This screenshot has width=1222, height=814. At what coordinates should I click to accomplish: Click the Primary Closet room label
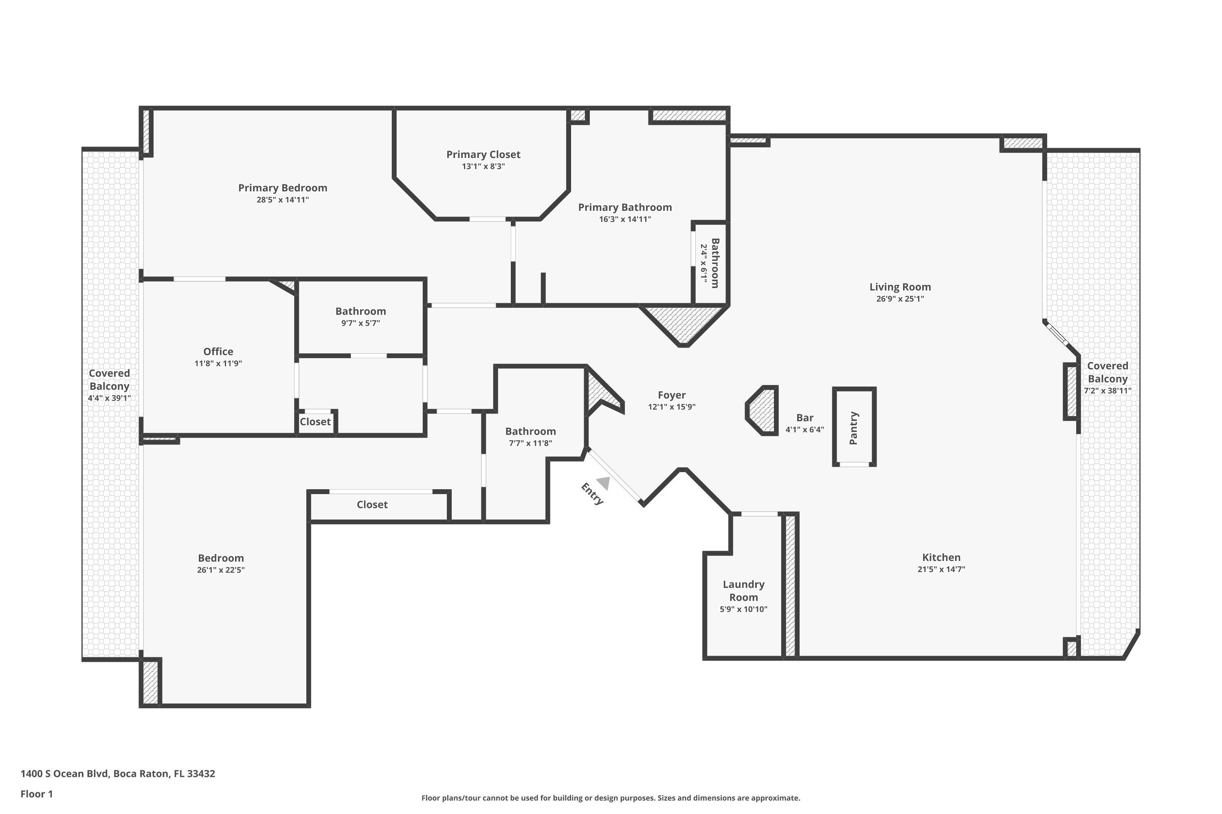tap(483, 154)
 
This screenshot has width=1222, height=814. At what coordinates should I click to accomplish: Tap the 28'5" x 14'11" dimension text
tap(283, 200)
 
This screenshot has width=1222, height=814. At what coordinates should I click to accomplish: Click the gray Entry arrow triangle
tap(604, 483)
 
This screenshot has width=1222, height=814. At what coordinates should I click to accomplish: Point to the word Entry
tap(592, 494)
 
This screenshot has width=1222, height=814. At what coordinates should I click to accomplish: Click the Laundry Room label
tap(743, 590)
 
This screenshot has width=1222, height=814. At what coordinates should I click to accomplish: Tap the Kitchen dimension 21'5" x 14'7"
tap(941, 569)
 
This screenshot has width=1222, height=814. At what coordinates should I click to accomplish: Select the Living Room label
tap(900, 287)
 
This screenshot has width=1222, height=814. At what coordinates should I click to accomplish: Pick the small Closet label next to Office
tap(315, 422)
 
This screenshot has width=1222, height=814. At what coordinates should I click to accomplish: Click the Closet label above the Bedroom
tap(372, 505)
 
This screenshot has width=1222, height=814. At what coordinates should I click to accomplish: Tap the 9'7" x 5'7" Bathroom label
tap(360, 323)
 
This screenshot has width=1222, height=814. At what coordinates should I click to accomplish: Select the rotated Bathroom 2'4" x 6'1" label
tap(710, 263)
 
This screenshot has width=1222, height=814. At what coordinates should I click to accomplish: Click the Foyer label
tap(671, 395)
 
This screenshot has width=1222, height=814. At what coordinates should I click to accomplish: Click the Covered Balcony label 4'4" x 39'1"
tap(109, 385)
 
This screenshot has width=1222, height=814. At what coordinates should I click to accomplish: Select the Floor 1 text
tap(36, 794)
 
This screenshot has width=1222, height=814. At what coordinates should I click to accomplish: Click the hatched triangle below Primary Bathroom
tap(683, 324)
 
